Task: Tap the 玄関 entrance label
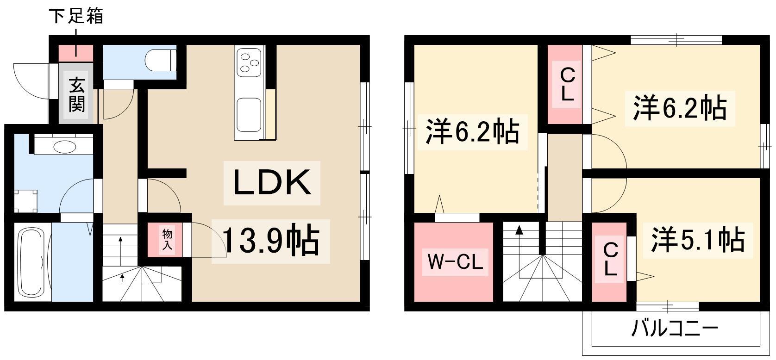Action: [x=77, y=95]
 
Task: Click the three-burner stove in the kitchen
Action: [x=249, y=62]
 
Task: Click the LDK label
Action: [x=272, y=183]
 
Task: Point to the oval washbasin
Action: [x=65, y=147]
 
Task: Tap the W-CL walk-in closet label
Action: [x=454, y=263]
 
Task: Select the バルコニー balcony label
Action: [x=675, y=329]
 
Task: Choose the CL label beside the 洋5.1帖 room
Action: [x=610, y=260]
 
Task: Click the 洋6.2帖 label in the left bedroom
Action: [x=472, y=132]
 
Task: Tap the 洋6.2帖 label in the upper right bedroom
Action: [x=679, y=108]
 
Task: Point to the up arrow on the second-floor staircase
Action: [x=519, y=230]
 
